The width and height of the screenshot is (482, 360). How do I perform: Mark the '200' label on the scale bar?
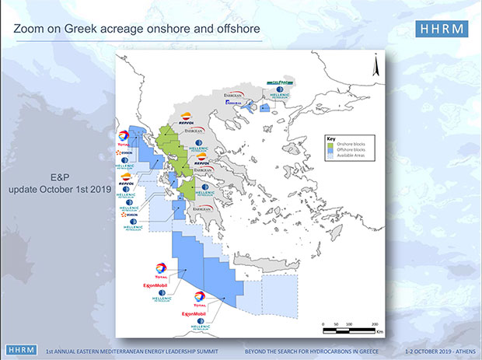(374, 323)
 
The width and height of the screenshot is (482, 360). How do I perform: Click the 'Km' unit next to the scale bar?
(379, 330)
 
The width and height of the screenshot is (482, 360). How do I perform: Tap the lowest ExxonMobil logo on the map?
(194, 313)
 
